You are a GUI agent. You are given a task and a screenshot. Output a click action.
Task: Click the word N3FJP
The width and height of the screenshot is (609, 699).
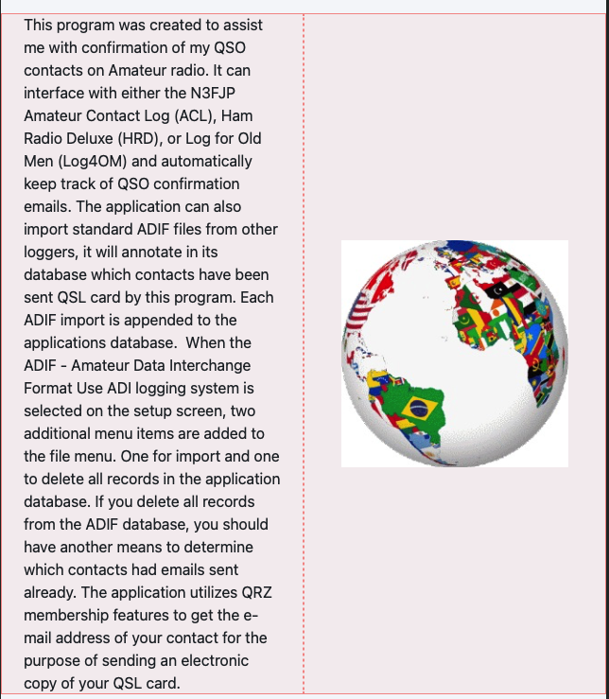pyautogui.click(x=229, y=93)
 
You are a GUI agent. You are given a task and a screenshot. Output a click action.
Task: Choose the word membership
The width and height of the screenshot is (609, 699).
pyautogui.click(x=68, y=615)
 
